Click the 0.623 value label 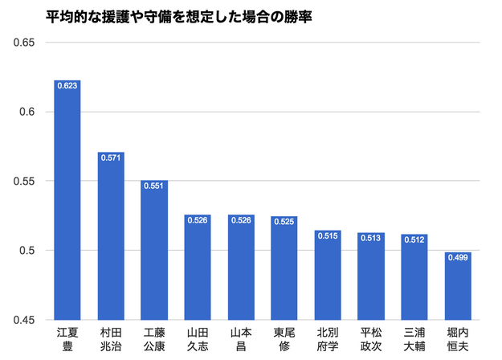67,85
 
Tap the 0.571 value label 111,157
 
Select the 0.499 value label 458,258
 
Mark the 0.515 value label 328,235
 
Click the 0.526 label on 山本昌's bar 241,220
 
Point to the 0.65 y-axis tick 24,42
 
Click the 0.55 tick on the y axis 24,182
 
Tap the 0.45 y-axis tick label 24,321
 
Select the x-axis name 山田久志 198,338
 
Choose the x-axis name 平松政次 371,338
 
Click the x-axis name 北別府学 328,338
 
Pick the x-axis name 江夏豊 67,338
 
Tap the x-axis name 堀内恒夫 458,338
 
